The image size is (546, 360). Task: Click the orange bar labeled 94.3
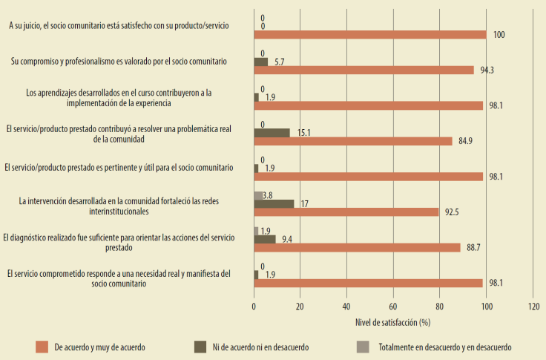point(364,70)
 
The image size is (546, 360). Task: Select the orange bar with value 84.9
point(353,141)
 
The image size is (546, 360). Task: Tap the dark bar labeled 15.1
point(272,132)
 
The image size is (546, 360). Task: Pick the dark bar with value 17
point(274,203)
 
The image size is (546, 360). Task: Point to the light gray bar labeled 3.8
point(258,195)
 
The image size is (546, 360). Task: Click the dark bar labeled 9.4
point(265,239)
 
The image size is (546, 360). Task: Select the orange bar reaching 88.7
point(358,248)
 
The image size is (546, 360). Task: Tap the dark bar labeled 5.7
point(260,62)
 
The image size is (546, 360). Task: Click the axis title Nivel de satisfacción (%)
point(394,323)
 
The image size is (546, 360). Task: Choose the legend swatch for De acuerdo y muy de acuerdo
point(42,346)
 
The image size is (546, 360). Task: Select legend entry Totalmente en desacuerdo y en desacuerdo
point(444,346)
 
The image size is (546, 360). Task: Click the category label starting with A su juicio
point(119,25)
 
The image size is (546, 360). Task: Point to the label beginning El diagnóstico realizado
point(119,242)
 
